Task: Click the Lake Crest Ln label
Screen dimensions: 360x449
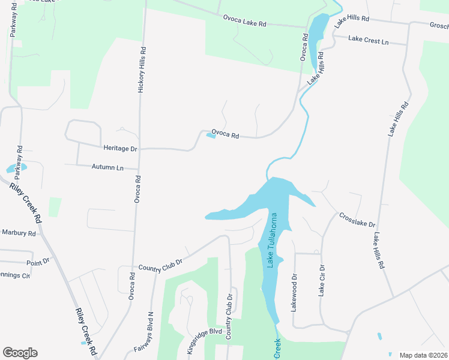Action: point(369,41)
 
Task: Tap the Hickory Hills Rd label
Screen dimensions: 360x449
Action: point(142,70)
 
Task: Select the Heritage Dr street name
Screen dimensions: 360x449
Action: point(120,148)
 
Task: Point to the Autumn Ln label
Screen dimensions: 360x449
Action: point(107,167)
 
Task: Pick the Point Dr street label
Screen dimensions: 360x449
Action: point(37,262)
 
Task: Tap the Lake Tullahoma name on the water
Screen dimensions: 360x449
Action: point(274,240)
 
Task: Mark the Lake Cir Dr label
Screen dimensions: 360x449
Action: point(322,281)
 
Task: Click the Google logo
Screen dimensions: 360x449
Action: point(20,353)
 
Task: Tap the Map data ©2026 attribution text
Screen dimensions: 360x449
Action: point(423,355)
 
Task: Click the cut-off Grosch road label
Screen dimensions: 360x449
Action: point(439,26)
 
